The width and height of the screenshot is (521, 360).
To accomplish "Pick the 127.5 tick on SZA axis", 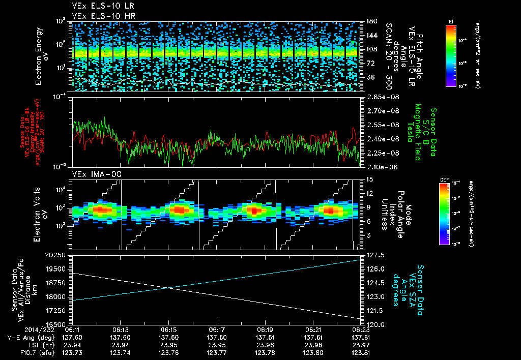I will point(374,255).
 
